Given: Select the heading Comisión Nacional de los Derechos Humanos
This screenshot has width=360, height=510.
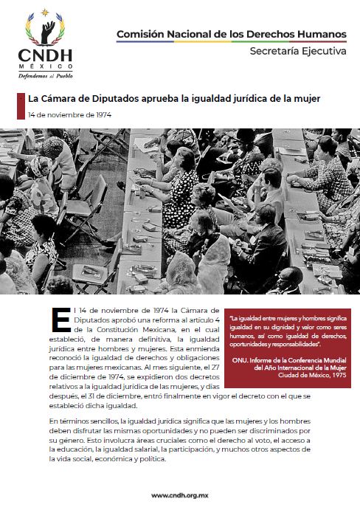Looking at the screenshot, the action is click(x=232, y=34).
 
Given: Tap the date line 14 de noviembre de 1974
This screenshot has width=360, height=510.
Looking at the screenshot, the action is click(x=69, y=115).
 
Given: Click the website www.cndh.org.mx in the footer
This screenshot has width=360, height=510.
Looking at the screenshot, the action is click(x=180, y=495).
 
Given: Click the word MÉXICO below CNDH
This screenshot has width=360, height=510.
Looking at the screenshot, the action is click(x=46, y=67).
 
